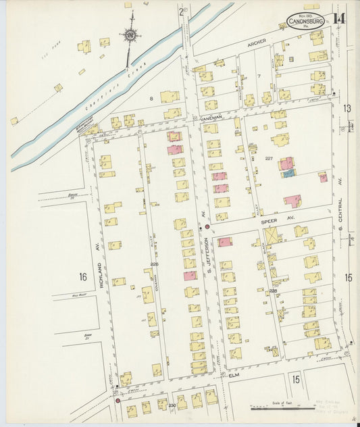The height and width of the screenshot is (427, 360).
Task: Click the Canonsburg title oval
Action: tap(305, 22)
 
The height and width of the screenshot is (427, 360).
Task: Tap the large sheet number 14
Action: tap(338, 18)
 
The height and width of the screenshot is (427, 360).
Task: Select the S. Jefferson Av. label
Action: tap(209, 260)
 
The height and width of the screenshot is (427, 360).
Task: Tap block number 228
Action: tap(273, 291)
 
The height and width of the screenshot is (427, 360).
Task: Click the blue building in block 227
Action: tap(288, 174)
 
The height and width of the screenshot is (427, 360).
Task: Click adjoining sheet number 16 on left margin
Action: tap(82, 277)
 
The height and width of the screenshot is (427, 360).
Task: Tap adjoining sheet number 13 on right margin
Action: tap(346, 108)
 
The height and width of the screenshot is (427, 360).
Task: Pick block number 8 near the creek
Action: tap(151, 99)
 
